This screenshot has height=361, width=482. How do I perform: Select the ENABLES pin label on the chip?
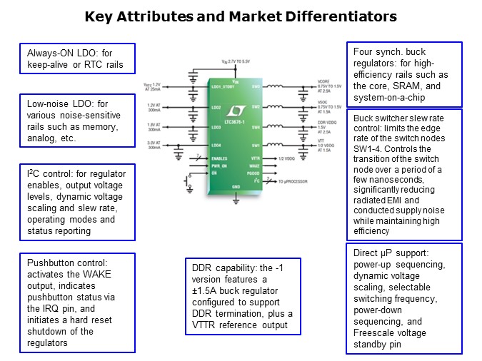click(219, 158)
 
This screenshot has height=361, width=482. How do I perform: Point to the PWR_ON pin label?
click(219, 165)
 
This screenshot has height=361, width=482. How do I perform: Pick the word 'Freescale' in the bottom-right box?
click(376, 332)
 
